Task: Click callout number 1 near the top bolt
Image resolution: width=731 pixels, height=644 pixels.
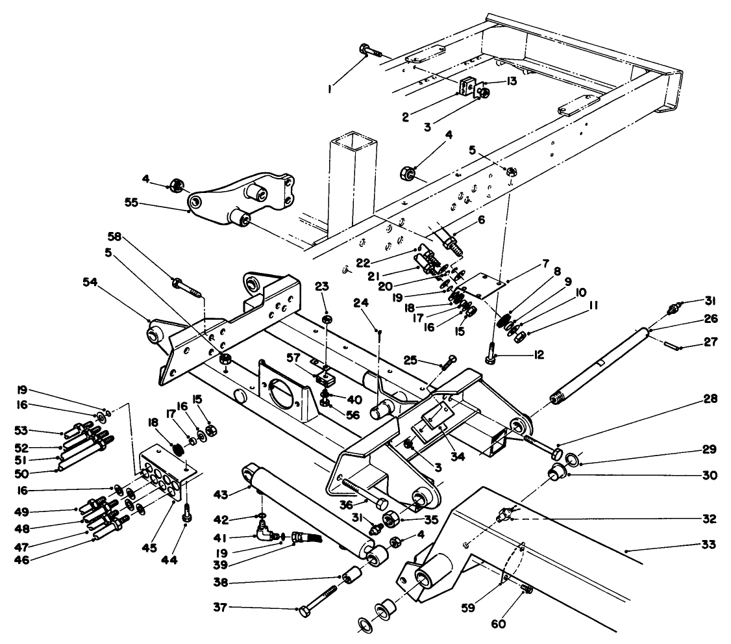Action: [331, 86]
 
